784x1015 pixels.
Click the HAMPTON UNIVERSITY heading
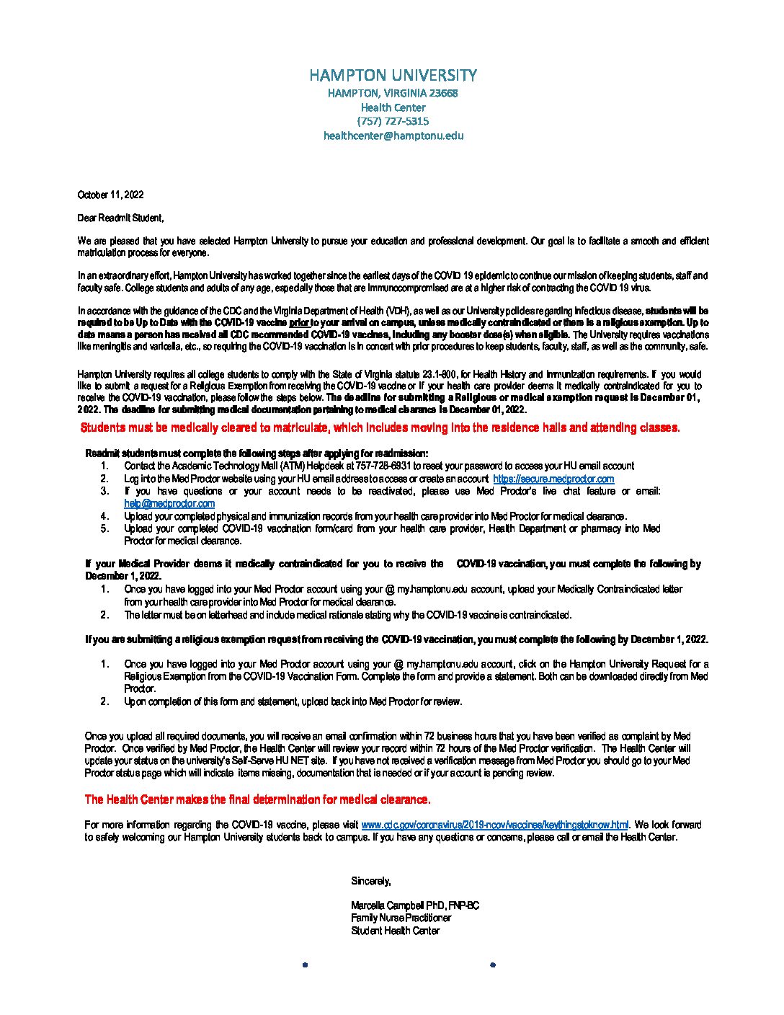[393, 75]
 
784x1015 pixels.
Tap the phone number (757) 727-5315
[393, 121]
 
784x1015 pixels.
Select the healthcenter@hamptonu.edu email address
[393, 136]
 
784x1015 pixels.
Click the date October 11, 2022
[110, 195]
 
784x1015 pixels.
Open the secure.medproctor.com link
[553, 479]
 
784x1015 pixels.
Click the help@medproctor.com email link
[169, 504]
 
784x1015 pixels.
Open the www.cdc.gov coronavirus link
[494, 825]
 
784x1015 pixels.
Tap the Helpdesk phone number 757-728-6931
[381, 466]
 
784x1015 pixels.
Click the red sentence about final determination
[257, 799]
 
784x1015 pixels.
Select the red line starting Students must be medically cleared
[380, 427]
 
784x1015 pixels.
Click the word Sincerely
[371, 881]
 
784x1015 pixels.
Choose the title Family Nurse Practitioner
[401, 918]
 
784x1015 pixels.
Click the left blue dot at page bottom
[305, 965]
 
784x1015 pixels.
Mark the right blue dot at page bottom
[493, 965]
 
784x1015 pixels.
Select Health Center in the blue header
[393, 107]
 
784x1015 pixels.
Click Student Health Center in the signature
[395, 931]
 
